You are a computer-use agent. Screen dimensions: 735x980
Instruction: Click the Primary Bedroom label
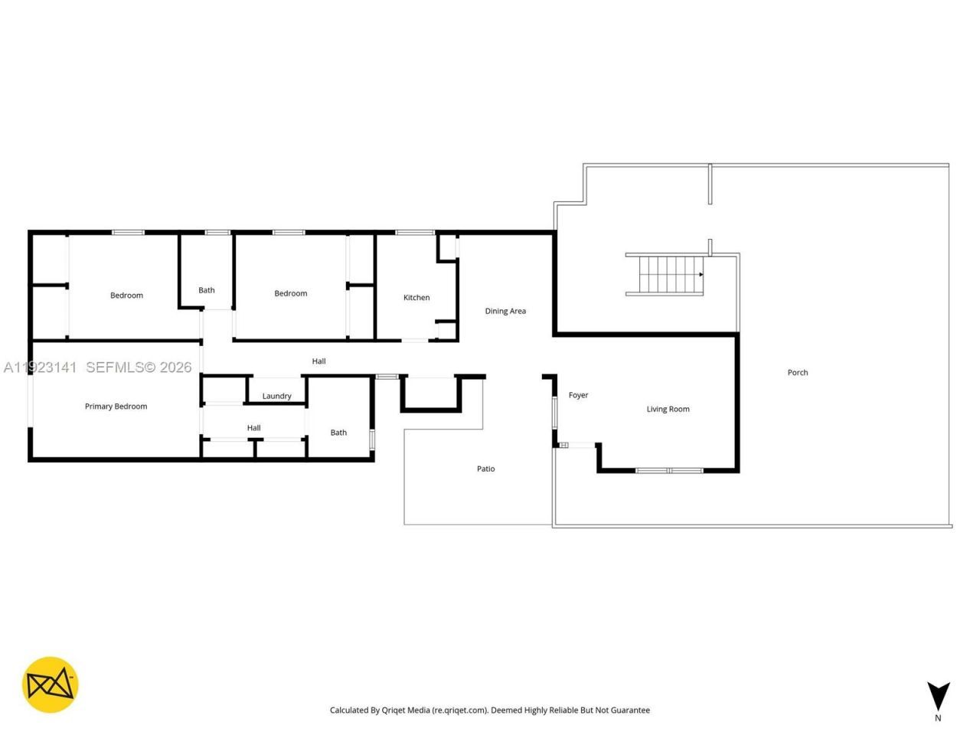116,407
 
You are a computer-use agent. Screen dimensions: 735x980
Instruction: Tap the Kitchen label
416,298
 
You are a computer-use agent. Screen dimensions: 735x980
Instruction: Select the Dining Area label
505,311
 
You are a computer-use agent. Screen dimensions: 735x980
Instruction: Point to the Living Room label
668,410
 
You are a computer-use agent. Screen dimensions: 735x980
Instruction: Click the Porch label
798,373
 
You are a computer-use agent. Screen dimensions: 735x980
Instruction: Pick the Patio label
485,469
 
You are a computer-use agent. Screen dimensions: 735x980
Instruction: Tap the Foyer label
578,396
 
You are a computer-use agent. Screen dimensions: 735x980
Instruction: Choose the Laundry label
276,397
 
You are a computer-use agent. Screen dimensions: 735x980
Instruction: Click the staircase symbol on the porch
665,275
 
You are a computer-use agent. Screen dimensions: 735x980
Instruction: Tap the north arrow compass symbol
938,696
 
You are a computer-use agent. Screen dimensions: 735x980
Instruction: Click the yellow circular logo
50,684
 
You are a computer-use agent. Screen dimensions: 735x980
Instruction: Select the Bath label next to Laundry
338,433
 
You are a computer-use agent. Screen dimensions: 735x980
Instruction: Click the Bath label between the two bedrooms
207,290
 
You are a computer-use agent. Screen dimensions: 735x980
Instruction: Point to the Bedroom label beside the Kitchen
291,293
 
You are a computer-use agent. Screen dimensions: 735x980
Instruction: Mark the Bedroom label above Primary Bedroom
126,296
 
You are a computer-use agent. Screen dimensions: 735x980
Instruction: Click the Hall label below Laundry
253,428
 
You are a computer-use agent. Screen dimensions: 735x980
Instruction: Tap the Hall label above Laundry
318,361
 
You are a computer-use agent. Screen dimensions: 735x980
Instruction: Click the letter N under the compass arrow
938,718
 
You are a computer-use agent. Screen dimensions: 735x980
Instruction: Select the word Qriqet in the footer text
395,710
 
